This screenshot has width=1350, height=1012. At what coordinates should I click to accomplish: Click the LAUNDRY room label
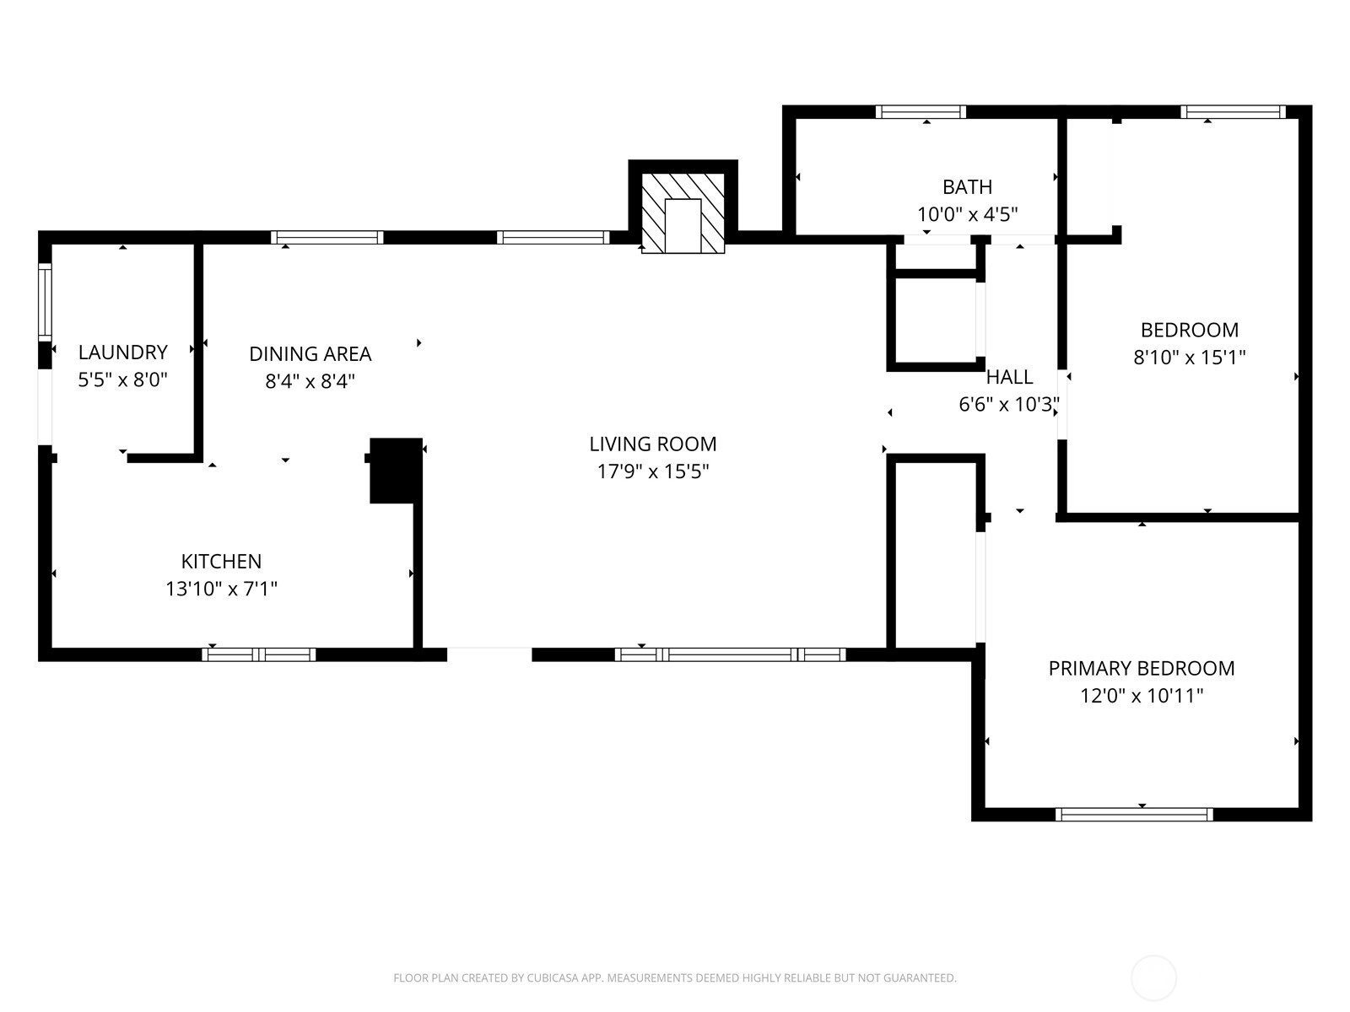tap(123, 352)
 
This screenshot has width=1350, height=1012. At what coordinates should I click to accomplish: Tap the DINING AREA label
tap(310, 354)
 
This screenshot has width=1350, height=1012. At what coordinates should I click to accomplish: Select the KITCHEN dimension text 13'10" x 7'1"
tap(221, 589)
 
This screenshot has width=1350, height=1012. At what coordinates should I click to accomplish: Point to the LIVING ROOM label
tap(652, 444)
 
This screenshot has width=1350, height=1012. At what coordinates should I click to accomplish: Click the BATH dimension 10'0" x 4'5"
tap(968, 214)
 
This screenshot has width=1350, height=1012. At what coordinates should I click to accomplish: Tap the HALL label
tap(1009, 377)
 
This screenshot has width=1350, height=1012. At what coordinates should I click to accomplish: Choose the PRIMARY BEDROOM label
tap(1142, 668)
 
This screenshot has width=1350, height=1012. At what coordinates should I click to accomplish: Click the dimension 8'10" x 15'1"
tap(1190, 357)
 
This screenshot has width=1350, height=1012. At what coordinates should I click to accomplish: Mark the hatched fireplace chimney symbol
tap(683, 213)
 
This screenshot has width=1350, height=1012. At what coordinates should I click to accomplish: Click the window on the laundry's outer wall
tap(45, 302)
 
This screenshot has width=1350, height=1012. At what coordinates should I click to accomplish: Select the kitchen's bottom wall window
tap(259, 655)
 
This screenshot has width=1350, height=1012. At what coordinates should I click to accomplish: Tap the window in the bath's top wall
tap(921, 112)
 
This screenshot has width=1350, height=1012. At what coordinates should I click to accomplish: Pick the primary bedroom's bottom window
tap(1134, 815)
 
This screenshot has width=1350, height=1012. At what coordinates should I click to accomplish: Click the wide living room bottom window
tap(730, 655)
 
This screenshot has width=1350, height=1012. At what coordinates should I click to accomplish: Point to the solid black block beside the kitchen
tap(396, 471)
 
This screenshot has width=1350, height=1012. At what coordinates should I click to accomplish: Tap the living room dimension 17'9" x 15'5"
tap(653, 471)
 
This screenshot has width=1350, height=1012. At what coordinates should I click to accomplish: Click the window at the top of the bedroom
tap(1233, 112)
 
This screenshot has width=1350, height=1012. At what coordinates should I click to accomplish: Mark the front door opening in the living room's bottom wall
tap(489, 655)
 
